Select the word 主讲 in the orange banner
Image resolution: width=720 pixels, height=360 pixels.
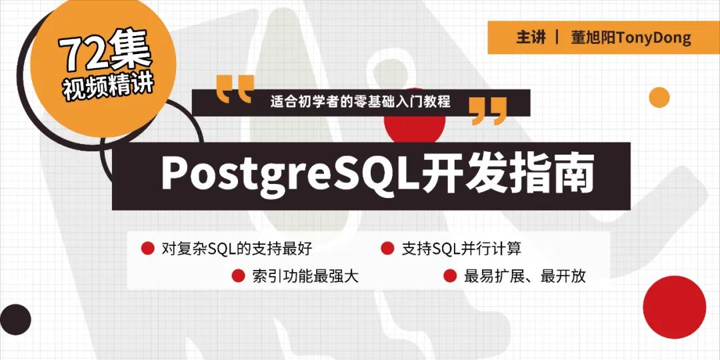[531, 37]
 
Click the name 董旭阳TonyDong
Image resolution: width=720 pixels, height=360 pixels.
[631, 37]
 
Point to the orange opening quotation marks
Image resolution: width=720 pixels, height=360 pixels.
[235, 89]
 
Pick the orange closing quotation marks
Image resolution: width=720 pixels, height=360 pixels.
[487, 111]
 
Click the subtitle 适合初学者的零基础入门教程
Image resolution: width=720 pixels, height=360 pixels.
[361, 102]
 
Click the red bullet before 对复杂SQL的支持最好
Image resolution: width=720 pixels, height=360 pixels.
[147, 249]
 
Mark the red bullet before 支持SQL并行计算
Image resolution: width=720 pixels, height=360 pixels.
[387, 249]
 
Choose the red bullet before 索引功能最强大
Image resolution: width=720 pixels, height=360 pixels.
[238, 276]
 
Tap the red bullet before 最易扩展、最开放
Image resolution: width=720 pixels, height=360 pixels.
[450, 276]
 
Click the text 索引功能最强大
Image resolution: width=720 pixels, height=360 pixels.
[305, 276]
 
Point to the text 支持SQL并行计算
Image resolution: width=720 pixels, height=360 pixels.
[461, 249]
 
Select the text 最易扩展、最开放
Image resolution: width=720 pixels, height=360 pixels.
[525, 276]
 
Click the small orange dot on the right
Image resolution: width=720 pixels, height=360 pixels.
[659, 97]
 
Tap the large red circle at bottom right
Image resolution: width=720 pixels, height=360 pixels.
[675, 307]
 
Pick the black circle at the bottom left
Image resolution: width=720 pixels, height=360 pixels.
[15, 319]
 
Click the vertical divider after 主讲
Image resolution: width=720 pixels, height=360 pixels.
[557, 37]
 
